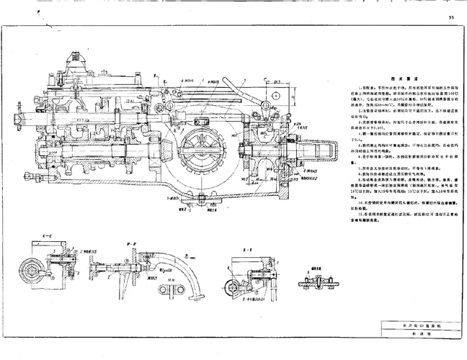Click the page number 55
point(450,16)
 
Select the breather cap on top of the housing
point(74,56)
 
